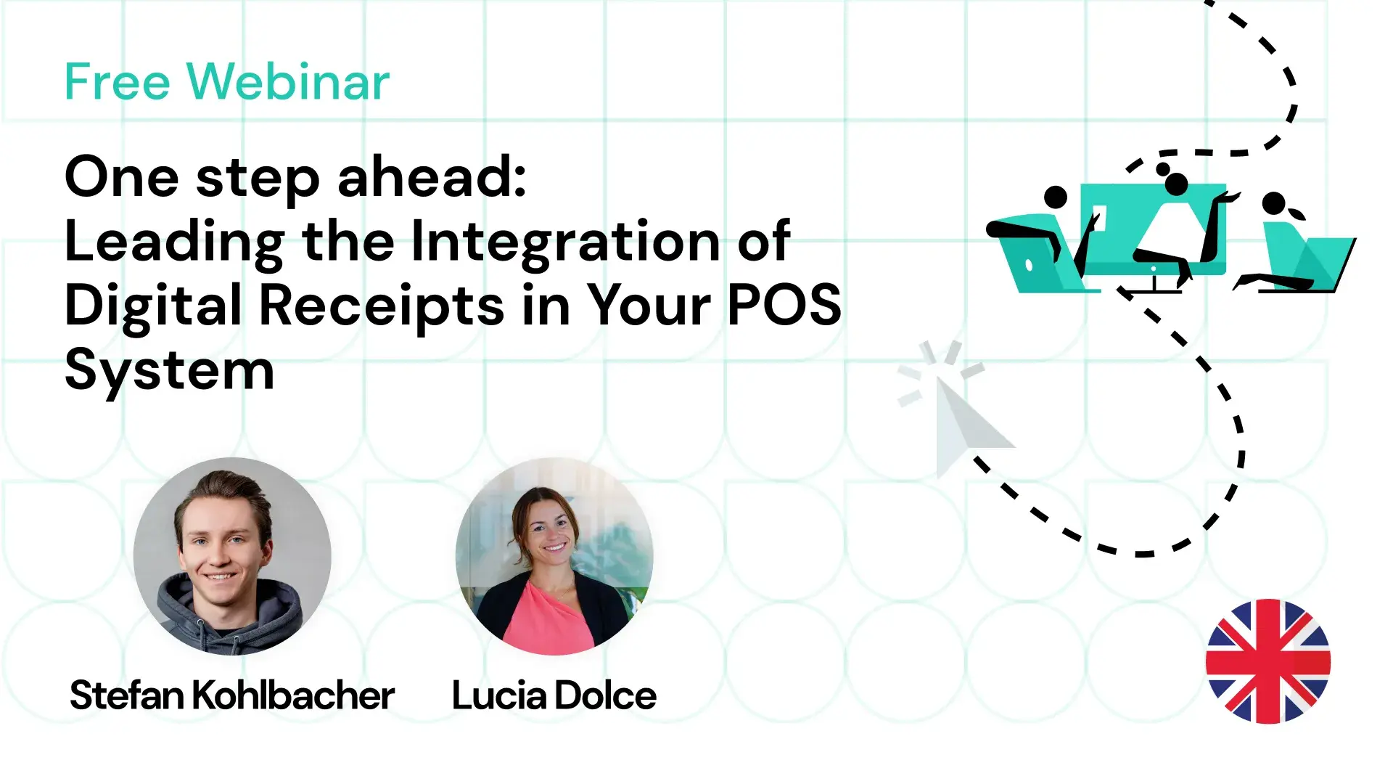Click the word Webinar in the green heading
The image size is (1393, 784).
coord(288,81)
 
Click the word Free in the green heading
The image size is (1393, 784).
coord(118,81)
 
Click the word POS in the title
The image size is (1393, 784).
coord(784,305)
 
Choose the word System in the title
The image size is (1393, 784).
coord(170,371)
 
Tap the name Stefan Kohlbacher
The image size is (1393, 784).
coord(232,695)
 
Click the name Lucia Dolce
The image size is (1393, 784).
coord(554,695)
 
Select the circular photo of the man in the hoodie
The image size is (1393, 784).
coord(232,556)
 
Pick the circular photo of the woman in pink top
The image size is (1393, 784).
coord(554,556)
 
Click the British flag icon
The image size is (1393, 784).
coord(1267,661)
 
